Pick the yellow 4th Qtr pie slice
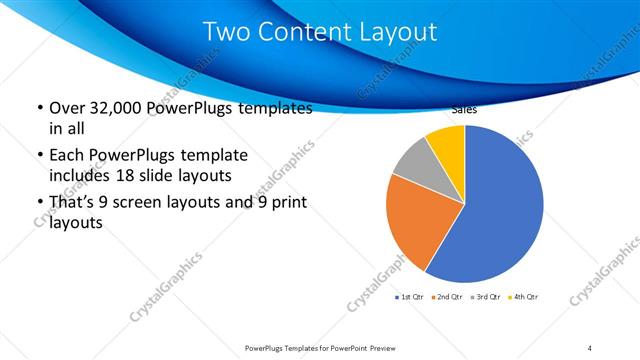[x=447, y=145]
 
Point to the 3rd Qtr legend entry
[x=488, y=297]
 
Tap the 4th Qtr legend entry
[x=526, y=297]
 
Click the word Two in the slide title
[x=226, y=32]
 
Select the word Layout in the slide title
[x=401, y=32]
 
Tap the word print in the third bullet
[x=286, y=203]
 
